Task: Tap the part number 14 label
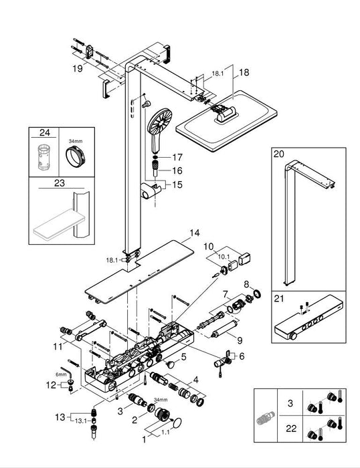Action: [194, 233]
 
